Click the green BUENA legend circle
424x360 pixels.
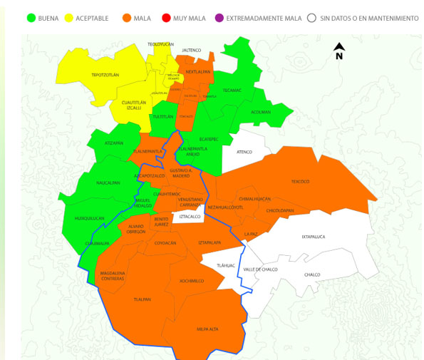pos(31,18)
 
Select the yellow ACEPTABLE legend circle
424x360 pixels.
pos(69,18)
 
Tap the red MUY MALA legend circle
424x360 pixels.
pos(166,18)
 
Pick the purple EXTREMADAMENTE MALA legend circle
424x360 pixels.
pos(219,18)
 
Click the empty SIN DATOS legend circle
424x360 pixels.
pos(311,18)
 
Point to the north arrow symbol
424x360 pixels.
pos(339,51)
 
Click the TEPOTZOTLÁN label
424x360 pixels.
pos(105,75)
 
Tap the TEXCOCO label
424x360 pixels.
pos(300,182)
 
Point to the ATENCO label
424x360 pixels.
pos(244,152)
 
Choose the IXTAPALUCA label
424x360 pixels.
pos(314,237)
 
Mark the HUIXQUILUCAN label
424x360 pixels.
pos(89,218)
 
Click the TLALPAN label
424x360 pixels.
pos(143,299)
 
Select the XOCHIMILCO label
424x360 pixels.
pos(192,281)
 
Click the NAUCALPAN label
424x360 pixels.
pos(108,182)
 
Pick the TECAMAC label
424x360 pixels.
pos(232,91)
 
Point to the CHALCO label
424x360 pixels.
pos(312,274)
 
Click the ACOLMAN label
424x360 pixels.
pos(261,112)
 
